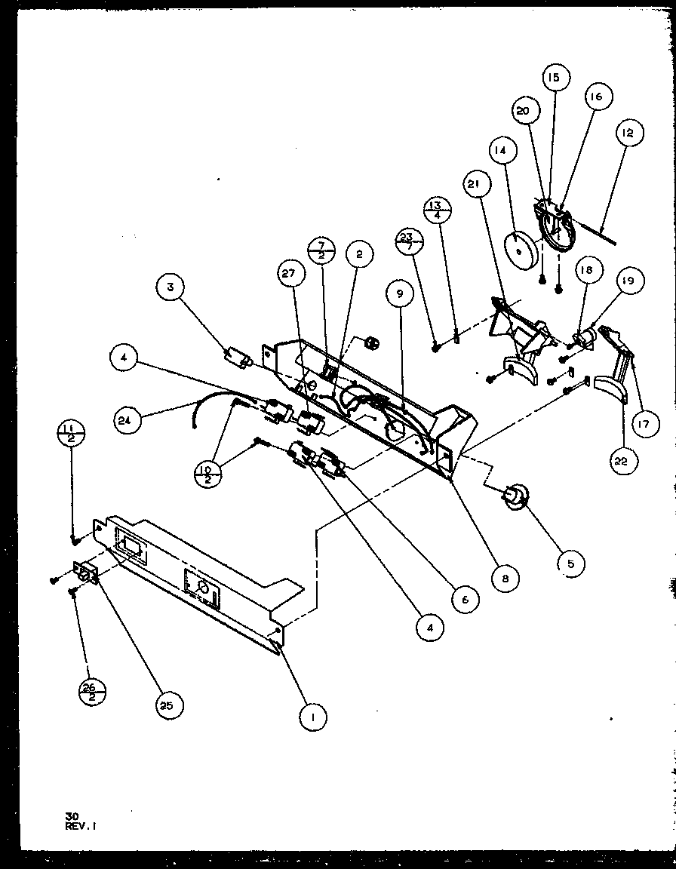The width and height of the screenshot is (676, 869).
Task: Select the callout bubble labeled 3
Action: (171, 287)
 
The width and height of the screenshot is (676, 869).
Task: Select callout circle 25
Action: (170, 705)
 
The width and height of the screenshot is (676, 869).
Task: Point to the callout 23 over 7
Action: (409, 244)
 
